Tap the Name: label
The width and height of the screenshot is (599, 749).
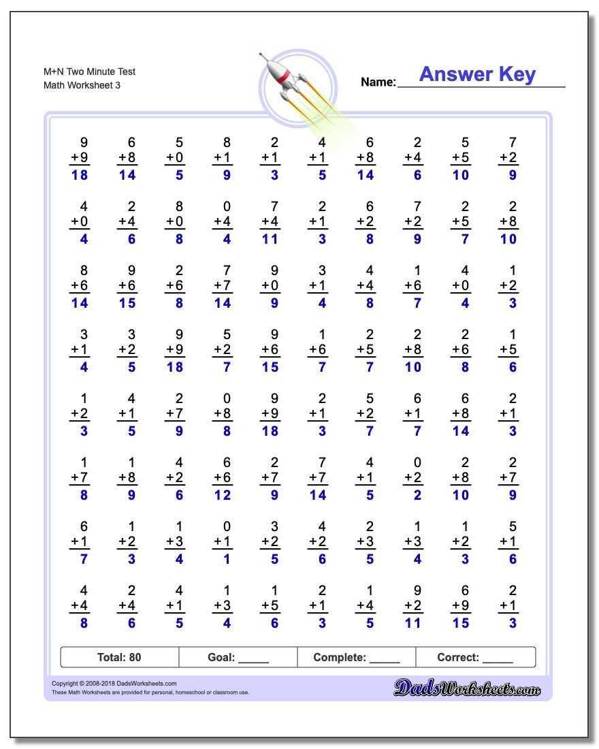[378, 82]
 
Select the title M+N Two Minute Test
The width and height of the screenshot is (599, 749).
[89, 71]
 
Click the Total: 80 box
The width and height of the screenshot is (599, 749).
[119, 657]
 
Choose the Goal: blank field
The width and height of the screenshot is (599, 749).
[238, 657]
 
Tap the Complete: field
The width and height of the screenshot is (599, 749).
[356, 657]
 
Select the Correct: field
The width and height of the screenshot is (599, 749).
[475, 657]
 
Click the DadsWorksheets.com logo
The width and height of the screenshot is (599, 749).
[467, 689]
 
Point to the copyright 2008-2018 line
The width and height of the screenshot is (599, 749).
[114, 684]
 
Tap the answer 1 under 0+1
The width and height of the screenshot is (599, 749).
[227, 559]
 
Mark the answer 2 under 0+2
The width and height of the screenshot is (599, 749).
[417, 495]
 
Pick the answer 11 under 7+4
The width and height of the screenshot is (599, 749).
[270, 239]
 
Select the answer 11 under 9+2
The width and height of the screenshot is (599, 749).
[412, 623]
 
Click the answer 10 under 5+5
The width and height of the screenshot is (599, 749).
[460, 175]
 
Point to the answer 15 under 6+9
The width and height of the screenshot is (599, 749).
[460, 623]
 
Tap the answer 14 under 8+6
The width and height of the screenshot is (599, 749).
[80, 303]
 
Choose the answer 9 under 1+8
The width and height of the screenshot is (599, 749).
[131, 495]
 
